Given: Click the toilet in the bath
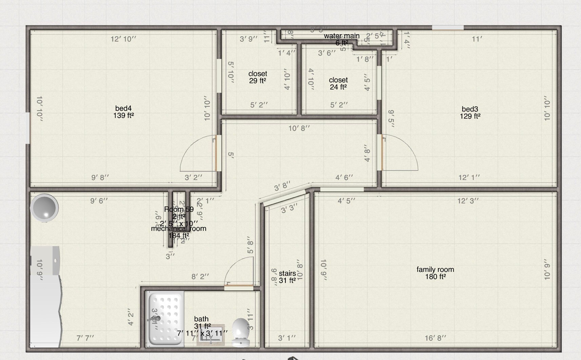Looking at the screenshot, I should click(241, 332).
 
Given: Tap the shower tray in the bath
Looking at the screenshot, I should click(165, 319).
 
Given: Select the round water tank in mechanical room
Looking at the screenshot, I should click(44, 207).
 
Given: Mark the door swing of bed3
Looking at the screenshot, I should click(400, 153).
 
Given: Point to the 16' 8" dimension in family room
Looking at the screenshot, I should click(435, 338).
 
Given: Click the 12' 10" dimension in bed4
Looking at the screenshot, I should click(123, 39).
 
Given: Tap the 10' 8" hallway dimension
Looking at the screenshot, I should click(299, 128).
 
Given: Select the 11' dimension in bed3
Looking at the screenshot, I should click(477, 39).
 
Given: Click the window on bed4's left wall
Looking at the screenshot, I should click(28, 128).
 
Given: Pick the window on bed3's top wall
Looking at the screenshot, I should click(448, 28).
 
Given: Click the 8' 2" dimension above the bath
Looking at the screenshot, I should click(200, 277).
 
